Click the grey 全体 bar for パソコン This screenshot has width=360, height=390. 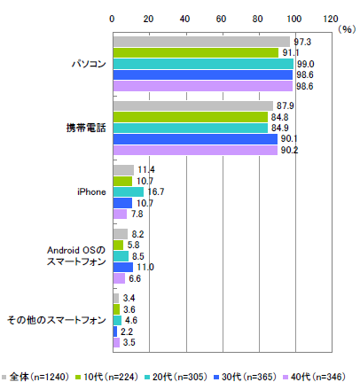(201, 42)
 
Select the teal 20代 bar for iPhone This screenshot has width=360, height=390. (129, 192)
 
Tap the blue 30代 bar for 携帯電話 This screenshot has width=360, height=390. (195, 139)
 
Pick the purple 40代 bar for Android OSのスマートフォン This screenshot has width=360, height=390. (119, 278)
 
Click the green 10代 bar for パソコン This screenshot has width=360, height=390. (196, 52)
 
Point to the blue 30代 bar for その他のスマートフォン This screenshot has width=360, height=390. (115, 331)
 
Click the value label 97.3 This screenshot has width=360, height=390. (302, 42)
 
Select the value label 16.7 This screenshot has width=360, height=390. (155, 192)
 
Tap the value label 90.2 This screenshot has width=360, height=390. (289, 150)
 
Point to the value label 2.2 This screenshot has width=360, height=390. (127, 331)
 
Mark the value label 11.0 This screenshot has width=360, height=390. (145, 267)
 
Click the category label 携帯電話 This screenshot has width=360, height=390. (86, 128)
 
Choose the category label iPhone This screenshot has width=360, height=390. (91, 192)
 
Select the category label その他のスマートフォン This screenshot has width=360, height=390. (57, 320)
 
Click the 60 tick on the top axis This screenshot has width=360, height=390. (221, 19)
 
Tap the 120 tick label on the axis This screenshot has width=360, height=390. (331, 19)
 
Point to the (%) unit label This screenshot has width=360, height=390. (347, 29)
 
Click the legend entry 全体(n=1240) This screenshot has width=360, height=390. (35, 377)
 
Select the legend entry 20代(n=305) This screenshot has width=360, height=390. (176, 377)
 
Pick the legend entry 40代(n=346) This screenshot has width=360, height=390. (314, 377)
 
